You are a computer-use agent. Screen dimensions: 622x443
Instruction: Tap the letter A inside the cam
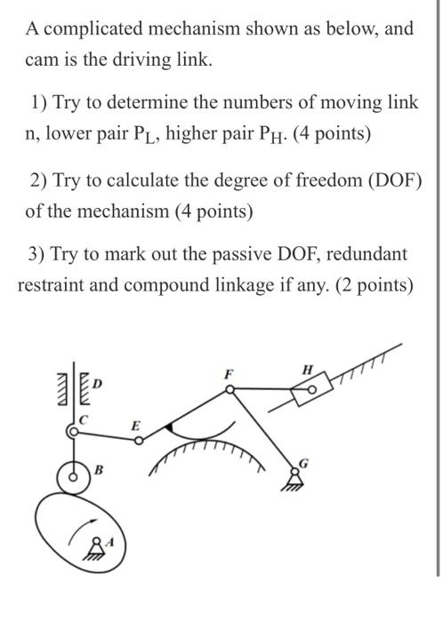[109, 539]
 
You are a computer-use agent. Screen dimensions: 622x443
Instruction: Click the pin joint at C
[72, 432]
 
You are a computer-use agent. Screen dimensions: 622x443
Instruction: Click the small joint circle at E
[139, 438]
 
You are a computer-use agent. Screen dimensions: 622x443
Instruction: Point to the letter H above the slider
[308, 369]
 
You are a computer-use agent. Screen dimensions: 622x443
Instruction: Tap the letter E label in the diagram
[135, 426]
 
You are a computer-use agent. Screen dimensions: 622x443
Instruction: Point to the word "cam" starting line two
[42, 60]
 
